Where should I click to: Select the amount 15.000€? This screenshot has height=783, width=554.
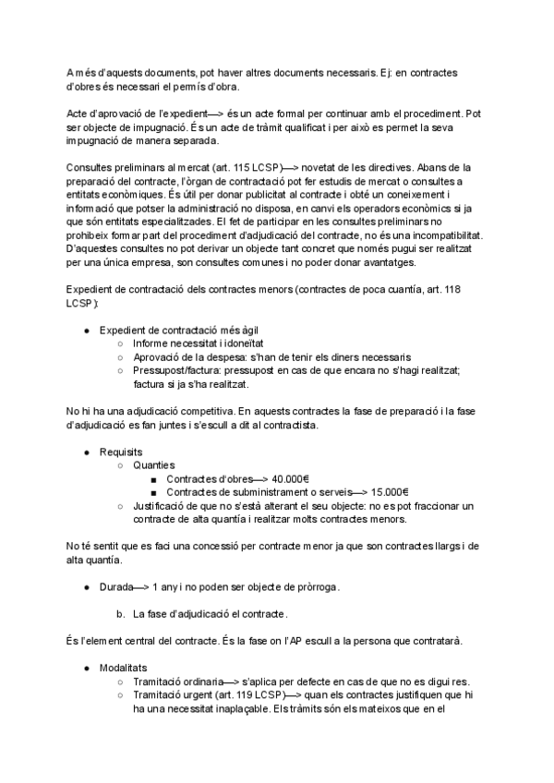390,492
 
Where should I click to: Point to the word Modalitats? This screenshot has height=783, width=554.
125,666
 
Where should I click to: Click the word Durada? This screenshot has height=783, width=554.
116,586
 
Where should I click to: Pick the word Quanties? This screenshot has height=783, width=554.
153,466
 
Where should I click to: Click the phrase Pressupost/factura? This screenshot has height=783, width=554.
179,370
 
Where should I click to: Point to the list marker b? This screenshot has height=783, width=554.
120,613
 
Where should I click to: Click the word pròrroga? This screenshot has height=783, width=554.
313,586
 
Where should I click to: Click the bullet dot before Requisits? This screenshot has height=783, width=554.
86,452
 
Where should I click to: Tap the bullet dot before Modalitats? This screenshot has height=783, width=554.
86,666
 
